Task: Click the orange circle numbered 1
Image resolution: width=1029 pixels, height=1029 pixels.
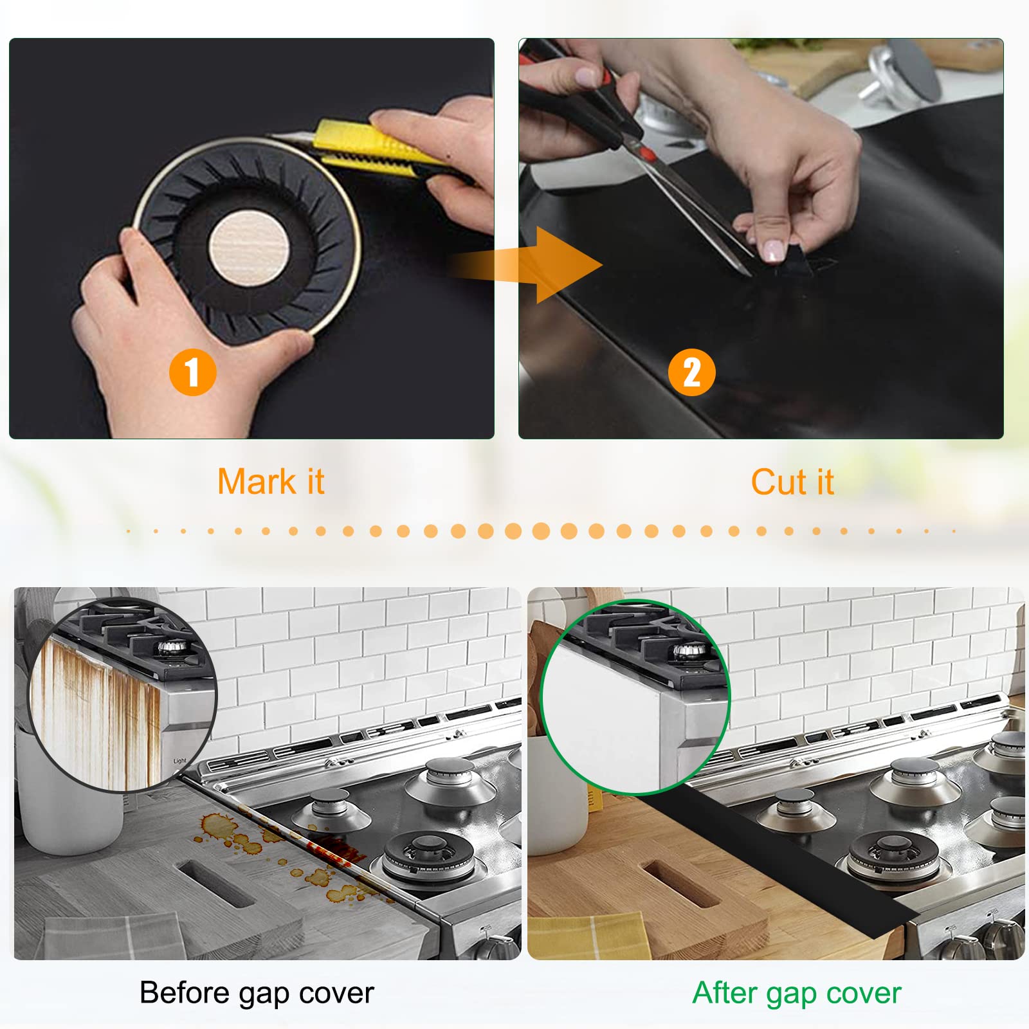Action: coord(192,372)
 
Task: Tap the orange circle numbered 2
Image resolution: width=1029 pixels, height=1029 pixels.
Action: coord(691,372)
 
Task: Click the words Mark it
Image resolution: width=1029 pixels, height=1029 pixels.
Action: coord(271,482)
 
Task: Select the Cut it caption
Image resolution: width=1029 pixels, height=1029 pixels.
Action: coord(792,482)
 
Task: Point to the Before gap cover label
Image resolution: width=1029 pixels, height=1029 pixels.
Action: coord(257,993)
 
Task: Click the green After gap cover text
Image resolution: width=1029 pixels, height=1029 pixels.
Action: coord(797,993)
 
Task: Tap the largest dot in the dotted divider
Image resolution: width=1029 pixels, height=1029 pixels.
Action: coord(541,531)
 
